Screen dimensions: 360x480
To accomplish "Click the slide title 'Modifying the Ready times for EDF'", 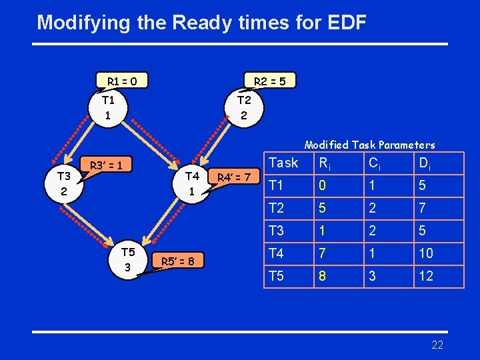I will point(201,23).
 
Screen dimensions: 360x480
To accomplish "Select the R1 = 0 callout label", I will point(122,81).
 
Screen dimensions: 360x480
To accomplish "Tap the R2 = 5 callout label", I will point(270,81).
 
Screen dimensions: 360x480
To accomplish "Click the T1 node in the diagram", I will point(108,108).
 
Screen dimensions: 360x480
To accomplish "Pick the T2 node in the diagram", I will point(244,108).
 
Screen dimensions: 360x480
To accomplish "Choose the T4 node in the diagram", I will point(192,183).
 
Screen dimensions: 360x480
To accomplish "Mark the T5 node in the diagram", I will point(128,259).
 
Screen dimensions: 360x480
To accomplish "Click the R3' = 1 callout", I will point(106,165).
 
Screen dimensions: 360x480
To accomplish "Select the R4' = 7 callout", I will point(233,177).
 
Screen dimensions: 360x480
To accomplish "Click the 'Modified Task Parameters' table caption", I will point(369,145).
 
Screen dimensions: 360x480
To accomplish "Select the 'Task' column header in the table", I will point(283,163).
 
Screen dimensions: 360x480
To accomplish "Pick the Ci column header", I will point(375,163).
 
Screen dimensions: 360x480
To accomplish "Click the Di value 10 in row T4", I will point(426,253).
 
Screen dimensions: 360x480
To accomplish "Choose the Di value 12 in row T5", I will point(426,276).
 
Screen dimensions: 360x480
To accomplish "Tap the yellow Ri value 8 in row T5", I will point(323,276).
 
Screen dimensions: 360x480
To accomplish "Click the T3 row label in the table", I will point(277,231).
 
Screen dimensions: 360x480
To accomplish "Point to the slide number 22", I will point(437,345).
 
